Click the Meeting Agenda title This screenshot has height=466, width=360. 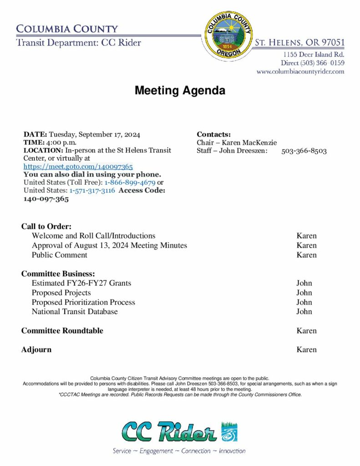point(180,91)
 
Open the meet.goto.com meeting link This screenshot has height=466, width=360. point(78,167)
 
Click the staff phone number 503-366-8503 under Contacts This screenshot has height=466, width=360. point(304,151)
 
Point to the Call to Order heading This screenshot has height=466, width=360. point(46,226)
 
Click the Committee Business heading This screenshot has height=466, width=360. point(58,274)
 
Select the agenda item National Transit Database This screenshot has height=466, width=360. point(75,312)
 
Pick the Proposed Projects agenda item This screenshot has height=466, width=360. point(61,293)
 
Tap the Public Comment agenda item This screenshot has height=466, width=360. point(59,255)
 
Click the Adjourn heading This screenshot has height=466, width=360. point(36,349)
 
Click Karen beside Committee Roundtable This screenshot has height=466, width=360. point(306,331)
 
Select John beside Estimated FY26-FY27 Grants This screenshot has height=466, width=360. point(304,283)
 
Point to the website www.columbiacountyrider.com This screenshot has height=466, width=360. point(300,72)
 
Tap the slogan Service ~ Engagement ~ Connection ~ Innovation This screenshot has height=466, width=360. point(179,451)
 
